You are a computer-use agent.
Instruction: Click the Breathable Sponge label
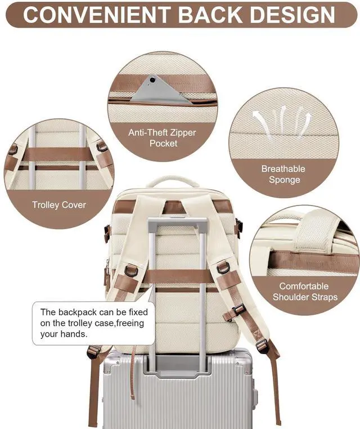point(283,175)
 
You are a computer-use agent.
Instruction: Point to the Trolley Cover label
point(59,205)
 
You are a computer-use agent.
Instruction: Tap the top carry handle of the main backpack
point(172,181)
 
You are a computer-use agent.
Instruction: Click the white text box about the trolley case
point(93,323)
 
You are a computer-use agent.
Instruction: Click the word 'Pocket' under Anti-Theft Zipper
point(163,144)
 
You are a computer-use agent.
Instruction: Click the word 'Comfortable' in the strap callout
point(305,286)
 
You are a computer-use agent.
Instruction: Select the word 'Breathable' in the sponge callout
point(283,168)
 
